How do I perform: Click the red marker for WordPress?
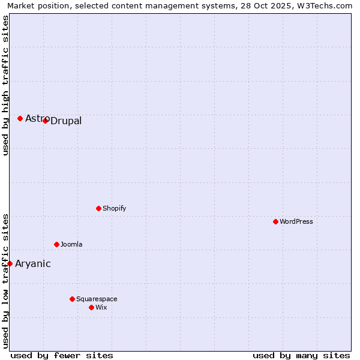[275, 221]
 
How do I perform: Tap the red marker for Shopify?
[98, 208]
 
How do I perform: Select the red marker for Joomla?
[56, 244]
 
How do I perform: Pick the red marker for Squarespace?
[72, 299]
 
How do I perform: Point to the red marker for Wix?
[91, 307]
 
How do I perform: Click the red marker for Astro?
[20, 118]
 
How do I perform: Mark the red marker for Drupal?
[45, 121]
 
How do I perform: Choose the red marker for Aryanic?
[10, 263]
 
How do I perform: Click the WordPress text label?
[296, 222]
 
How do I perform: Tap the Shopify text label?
[115, 209]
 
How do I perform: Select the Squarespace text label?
[97, 299]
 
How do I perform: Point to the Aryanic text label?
[33, 264]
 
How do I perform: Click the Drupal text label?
[66, 121]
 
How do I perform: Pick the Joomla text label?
[71, 245]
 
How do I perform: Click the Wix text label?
[101, 308]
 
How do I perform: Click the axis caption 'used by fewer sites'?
[62, 355]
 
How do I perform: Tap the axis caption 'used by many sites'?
[301, 355]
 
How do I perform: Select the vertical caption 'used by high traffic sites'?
[5, 85]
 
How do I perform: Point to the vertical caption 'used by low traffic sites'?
[5, 280]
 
